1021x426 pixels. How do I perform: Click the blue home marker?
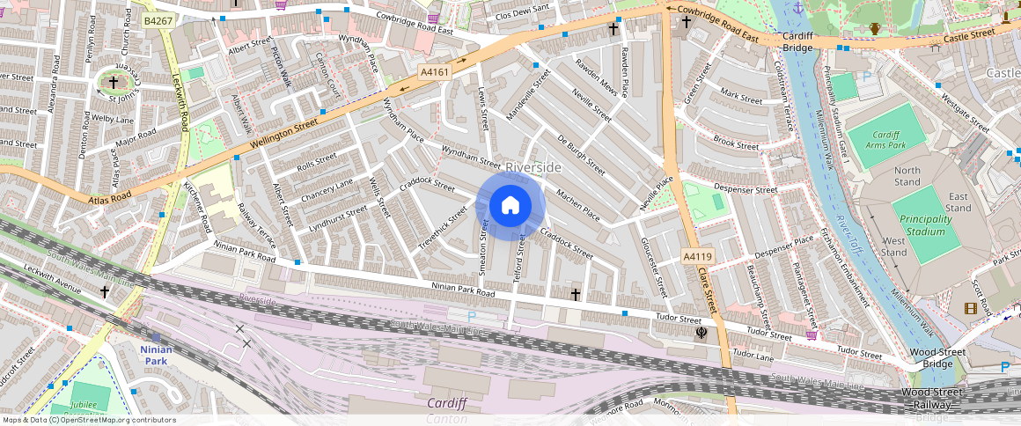pos(510,206)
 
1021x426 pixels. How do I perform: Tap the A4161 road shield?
pos(435,72)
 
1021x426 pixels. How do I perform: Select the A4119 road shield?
pos(697,257)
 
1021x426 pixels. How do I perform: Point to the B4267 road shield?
pos(159,20)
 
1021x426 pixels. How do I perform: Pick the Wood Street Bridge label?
pos(938,358)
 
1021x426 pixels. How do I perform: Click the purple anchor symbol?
pos(797,8)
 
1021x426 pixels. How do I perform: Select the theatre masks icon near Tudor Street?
pos(701,333)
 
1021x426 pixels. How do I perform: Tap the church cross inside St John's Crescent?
pos(113,82)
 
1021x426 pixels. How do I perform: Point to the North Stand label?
pos(907,176)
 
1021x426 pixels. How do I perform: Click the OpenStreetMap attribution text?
pos(88,420)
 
